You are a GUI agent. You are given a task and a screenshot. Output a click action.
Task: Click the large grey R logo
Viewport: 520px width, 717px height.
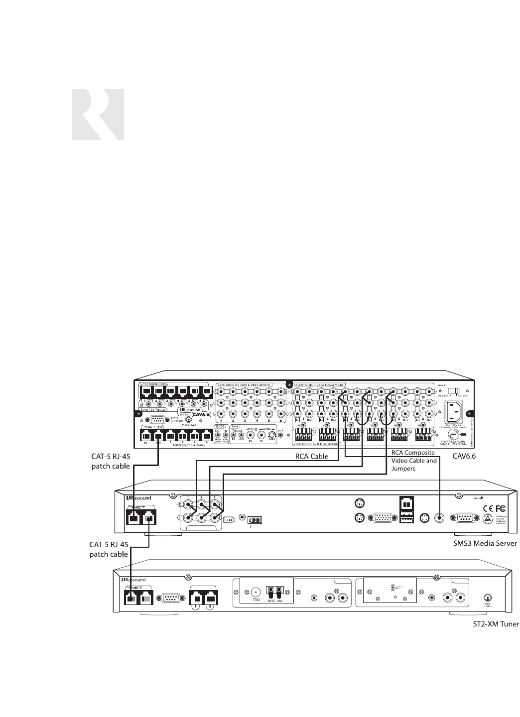(98, 115)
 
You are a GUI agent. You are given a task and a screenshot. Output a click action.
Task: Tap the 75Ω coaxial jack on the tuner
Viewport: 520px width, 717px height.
(256, 593)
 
